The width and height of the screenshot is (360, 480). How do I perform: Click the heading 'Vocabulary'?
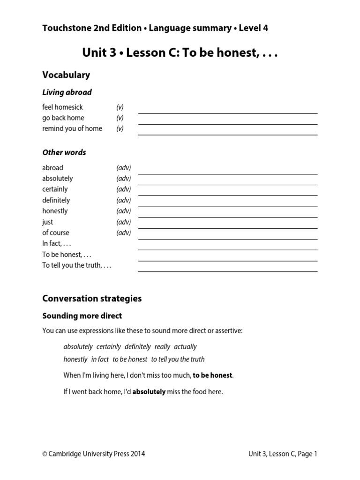point(66,75)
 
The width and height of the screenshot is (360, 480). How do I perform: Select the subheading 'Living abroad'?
point(67,92)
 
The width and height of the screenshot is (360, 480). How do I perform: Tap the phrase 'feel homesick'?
point(62,107)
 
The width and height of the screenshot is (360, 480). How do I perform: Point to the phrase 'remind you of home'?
point(72,128)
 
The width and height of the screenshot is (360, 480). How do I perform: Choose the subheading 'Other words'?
point(64,152)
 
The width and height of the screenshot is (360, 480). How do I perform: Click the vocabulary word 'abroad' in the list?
point(52,167)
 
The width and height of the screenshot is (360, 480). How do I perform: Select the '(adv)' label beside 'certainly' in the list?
point(124,189)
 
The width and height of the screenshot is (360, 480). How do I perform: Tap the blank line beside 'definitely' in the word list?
point(227,205)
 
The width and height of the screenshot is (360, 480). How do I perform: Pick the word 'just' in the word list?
point(47,222)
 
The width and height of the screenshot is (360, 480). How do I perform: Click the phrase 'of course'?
point(56,232)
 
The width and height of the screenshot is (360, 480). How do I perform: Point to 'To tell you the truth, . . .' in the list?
point(77,265)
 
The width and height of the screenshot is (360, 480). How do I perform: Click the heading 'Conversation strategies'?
point(92,299)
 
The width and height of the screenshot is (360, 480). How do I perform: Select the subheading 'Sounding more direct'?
point(82,316)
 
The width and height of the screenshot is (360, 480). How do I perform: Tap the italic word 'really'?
point(162,347)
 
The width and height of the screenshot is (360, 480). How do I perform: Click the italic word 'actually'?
point(185,347)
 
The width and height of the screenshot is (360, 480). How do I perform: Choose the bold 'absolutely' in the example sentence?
point(149,392)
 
